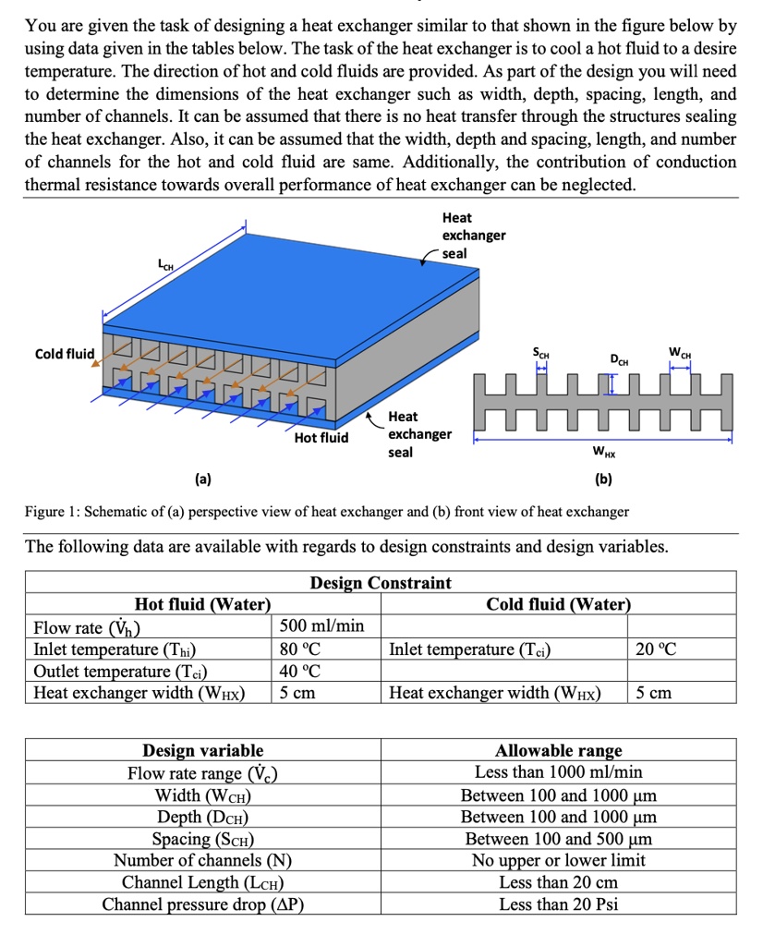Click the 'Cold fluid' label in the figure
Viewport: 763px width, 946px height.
tap(65, 354)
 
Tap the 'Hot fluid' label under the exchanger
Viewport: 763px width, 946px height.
tap(321, 437)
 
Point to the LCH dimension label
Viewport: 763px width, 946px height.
tap(167, 267)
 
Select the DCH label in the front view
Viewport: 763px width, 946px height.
tap(619, 358)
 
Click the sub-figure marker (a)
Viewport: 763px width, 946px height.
tap(202, 479)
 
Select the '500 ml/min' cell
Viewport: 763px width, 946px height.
tap(322, 626)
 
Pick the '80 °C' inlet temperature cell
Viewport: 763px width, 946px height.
tap(302, 649)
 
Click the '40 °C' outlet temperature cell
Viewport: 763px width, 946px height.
tap(302, 671)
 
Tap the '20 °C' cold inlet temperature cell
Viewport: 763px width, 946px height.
tap(656, 649)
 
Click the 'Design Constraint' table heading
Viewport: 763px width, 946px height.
tap(381, 583)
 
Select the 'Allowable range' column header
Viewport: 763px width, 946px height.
tap(559, 750)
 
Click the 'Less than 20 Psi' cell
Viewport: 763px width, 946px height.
tap(559, 904)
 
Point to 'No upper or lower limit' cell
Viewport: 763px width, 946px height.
tap(559, 860)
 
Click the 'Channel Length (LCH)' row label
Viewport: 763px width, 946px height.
tap(202, 882)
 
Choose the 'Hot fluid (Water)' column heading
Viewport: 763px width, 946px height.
tap(202, 604)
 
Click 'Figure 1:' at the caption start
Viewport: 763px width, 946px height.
tap(55, 511)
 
